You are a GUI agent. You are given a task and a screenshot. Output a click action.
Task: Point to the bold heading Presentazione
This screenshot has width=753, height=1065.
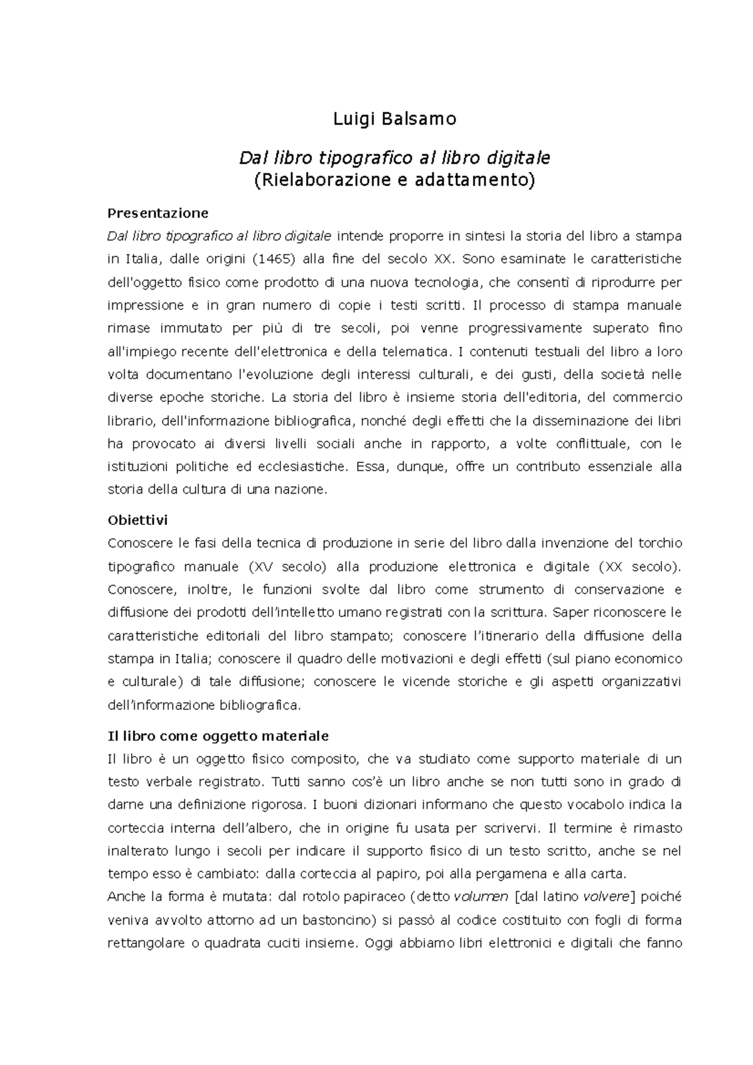coord(158,213)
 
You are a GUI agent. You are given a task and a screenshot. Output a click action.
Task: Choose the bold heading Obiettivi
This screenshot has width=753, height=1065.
coord(137,521)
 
